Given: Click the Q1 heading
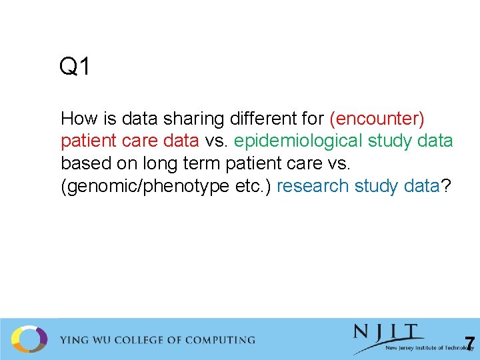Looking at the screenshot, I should [75, 67].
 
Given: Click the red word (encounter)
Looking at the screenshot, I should [377, 119].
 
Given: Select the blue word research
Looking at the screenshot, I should [312, 186].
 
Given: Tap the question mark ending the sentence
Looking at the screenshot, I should [445, 186].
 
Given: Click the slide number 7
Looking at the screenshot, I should [470, 344].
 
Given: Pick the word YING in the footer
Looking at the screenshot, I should [75, 340].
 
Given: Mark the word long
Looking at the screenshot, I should [159, 163].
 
